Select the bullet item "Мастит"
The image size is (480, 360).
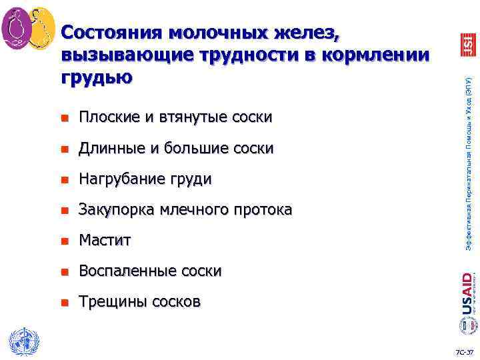(x=105, y=240)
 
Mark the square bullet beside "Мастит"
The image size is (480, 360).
(x=65, y=241)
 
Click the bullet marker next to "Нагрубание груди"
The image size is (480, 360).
(x=65, y=179)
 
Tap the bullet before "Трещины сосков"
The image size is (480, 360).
(x=65, y=302)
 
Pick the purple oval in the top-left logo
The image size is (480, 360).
(x=16, y=29)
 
